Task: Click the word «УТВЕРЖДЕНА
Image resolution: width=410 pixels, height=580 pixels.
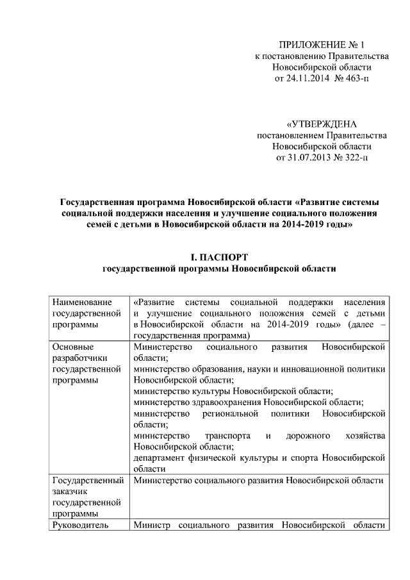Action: [x=321, y=124]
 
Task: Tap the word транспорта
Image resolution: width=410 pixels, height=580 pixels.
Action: [x=227, y=435]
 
